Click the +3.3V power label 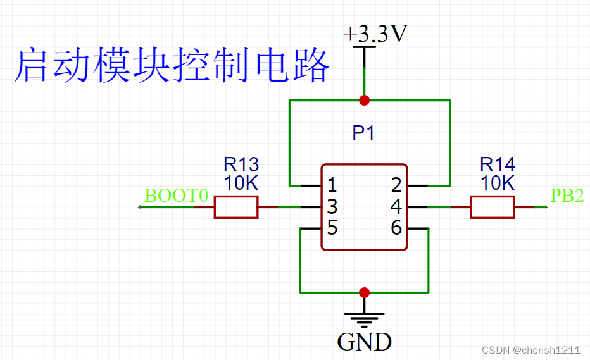pos(375,35)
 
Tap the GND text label pos(364,342)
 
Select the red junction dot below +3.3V pos(364,100)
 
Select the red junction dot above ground pos(364,292)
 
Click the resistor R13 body pos(236,207)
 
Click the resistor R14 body pos(493,207)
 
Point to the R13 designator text pos(241,165)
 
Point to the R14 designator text pos(498,165)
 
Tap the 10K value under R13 pos(241,184)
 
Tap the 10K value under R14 pos(498,184)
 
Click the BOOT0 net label pos(176,196)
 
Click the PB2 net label pos(567,196)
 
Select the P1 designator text pos(364,133)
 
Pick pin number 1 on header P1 pos(332,186)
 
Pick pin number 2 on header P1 pos(396,186)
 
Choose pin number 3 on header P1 pos(332,207)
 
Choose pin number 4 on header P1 pos(396,207)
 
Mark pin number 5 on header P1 pos(332,228)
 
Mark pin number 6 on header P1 pos(396,228)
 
